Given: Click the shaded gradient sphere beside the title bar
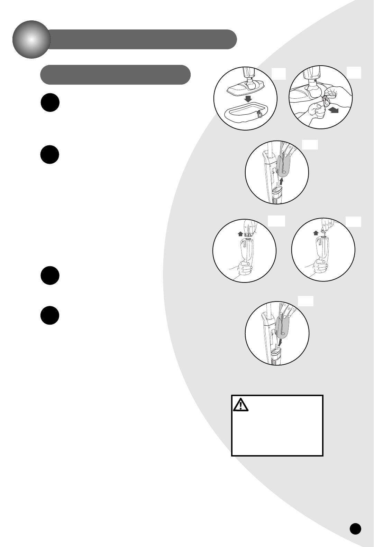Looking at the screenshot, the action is (x=31, y=39).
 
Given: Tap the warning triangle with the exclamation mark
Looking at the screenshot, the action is (x=240, y=404).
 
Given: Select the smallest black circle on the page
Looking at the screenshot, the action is (x=355, y=528).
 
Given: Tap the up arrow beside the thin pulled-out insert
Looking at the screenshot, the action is (x=316, y=233).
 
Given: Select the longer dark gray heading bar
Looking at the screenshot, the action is (x=142, y=39).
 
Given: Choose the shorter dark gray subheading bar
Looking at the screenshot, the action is (x=115, y=75).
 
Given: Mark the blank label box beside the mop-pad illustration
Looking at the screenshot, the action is (x=279, y=74).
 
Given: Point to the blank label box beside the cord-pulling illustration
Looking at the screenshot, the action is (x=354, y=73).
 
